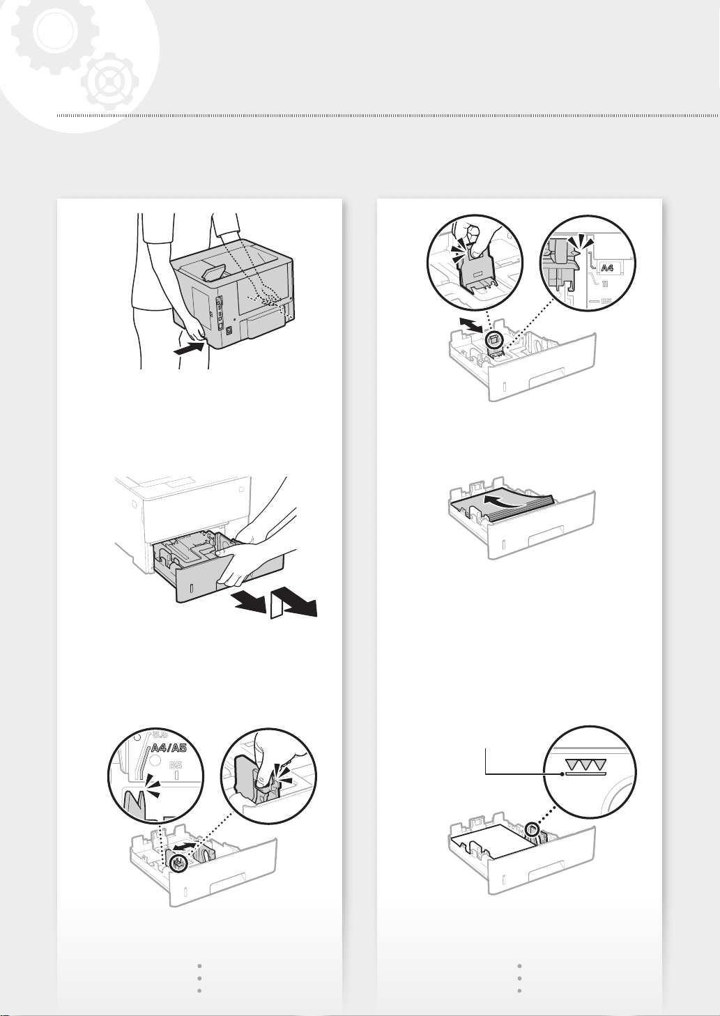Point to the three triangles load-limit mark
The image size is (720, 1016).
pyautogui.click(x=585, y=764)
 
